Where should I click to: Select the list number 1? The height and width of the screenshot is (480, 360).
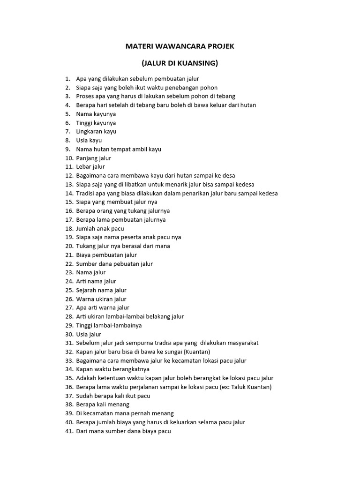67,79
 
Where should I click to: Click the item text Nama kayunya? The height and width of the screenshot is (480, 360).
96,114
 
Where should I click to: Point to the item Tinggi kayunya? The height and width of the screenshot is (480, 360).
96,123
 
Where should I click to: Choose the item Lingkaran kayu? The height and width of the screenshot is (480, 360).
96,131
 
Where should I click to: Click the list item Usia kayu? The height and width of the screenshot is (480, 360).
89,140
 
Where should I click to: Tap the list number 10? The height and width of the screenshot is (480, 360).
69,158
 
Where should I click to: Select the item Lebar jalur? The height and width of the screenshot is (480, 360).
90,166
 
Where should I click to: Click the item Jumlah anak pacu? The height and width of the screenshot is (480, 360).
100,228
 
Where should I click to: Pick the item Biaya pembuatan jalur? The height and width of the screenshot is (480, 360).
106,255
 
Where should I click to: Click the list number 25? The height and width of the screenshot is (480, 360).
69,290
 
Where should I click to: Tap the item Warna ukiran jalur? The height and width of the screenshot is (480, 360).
101,299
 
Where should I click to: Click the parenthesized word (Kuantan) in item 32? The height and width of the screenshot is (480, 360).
197,352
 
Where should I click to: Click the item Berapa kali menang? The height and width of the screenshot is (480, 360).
103,404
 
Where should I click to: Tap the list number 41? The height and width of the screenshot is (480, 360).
69,431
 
